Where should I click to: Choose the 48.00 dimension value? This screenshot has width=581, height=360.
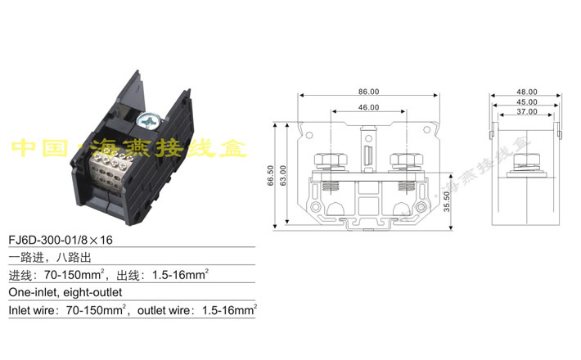(527, 92)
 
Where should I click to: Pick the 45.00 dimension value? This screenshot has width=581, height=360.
(527, 101)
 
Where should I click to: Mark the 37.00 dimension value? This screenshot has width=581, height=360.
(527, 111)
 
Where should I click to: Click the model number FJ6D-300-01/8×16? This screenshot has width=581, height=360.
(62, 242)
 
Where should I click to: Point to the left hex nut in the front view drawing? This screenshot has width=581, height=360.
(323, 158)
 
